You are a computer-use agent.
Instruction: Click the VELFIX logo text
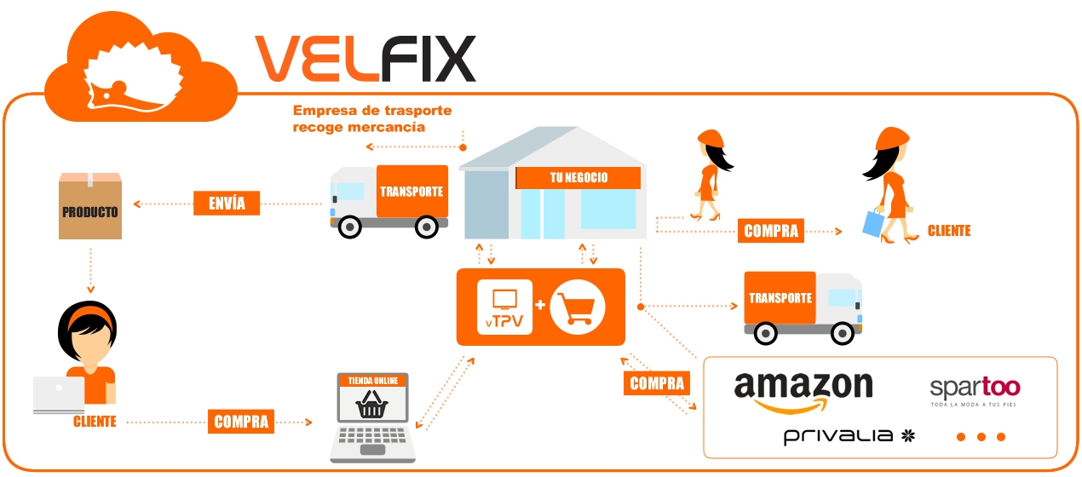coord(365,58)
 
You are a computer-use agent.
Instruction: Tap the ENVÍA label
coord(227,203)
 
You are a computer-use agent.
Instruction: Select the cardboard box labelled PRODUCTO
coord(89,207)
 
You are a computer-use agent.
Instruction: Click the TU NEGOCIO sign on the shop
coord(578,177)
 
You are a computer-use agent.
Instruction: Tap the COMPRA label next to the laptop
coord(241,421)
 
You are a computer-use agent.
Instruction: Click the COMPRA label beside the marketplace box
coord(657,384)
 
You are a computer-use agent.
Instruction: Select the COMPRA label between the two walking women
coord(771,230)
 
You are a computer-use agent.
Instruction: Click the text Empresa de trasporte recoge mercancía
coord(371,118)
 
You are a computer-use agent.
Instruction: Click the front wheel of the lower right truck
coord(843,332)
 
